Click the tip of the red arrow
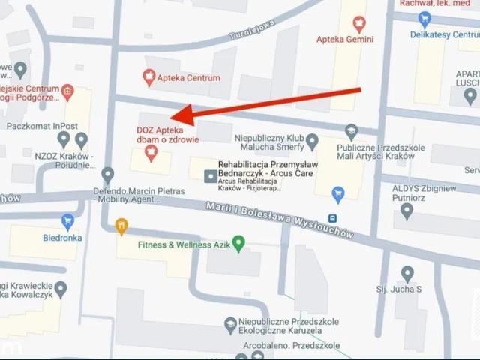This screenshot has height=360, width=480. click(172, 118)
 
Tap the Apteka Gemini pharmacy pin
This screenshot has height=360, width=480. click(359, 23)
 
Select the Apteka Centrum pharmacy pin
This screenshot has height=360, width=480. click(149, 77)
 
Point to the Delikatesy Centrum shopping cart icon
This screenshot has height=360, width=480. click(425, 19)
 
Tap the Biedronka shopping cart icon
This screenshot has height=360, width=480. click(67, 221)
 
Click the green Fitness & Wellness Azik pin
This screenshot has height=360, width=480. click(238, 244)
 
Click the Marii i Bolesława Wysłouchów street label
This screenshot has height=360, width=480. click(280, 220)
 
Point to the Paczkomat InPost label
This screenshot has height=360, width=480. click(43, 125)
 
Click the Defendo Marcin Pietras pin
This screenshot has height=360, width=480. click(107, 175)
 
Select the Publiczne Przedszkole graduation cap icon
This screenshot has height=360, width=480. click(351, 132)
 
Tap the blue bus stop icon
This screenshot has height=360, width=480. click(332, 218)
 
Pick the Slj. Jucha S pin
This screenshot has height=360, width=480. click(407, 274)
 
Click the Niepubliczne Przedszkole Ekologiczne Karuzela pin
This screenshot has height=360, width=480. click(231, 325)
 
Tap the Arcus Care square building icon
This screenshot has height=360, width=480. click(210, 175)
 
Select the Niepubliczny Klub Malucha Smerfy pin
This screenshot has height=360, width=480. click(312, 141)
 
